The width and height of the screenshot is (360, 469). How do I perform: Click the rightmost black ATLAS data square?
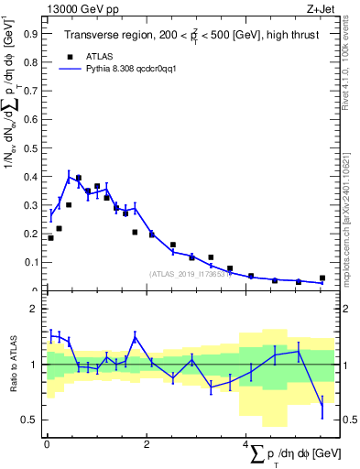(x=322, y=278)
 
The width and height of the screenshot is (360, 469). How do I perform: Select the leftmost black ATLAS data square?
(x=50, y=238)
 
